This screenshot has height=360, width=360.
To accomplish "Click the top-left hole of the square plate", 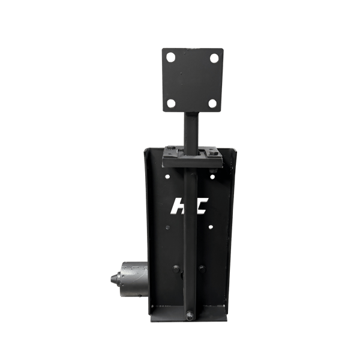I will tap(170, 59).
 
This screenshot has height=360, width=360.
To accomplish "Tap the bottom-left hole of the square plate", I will tap(171, 103).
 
